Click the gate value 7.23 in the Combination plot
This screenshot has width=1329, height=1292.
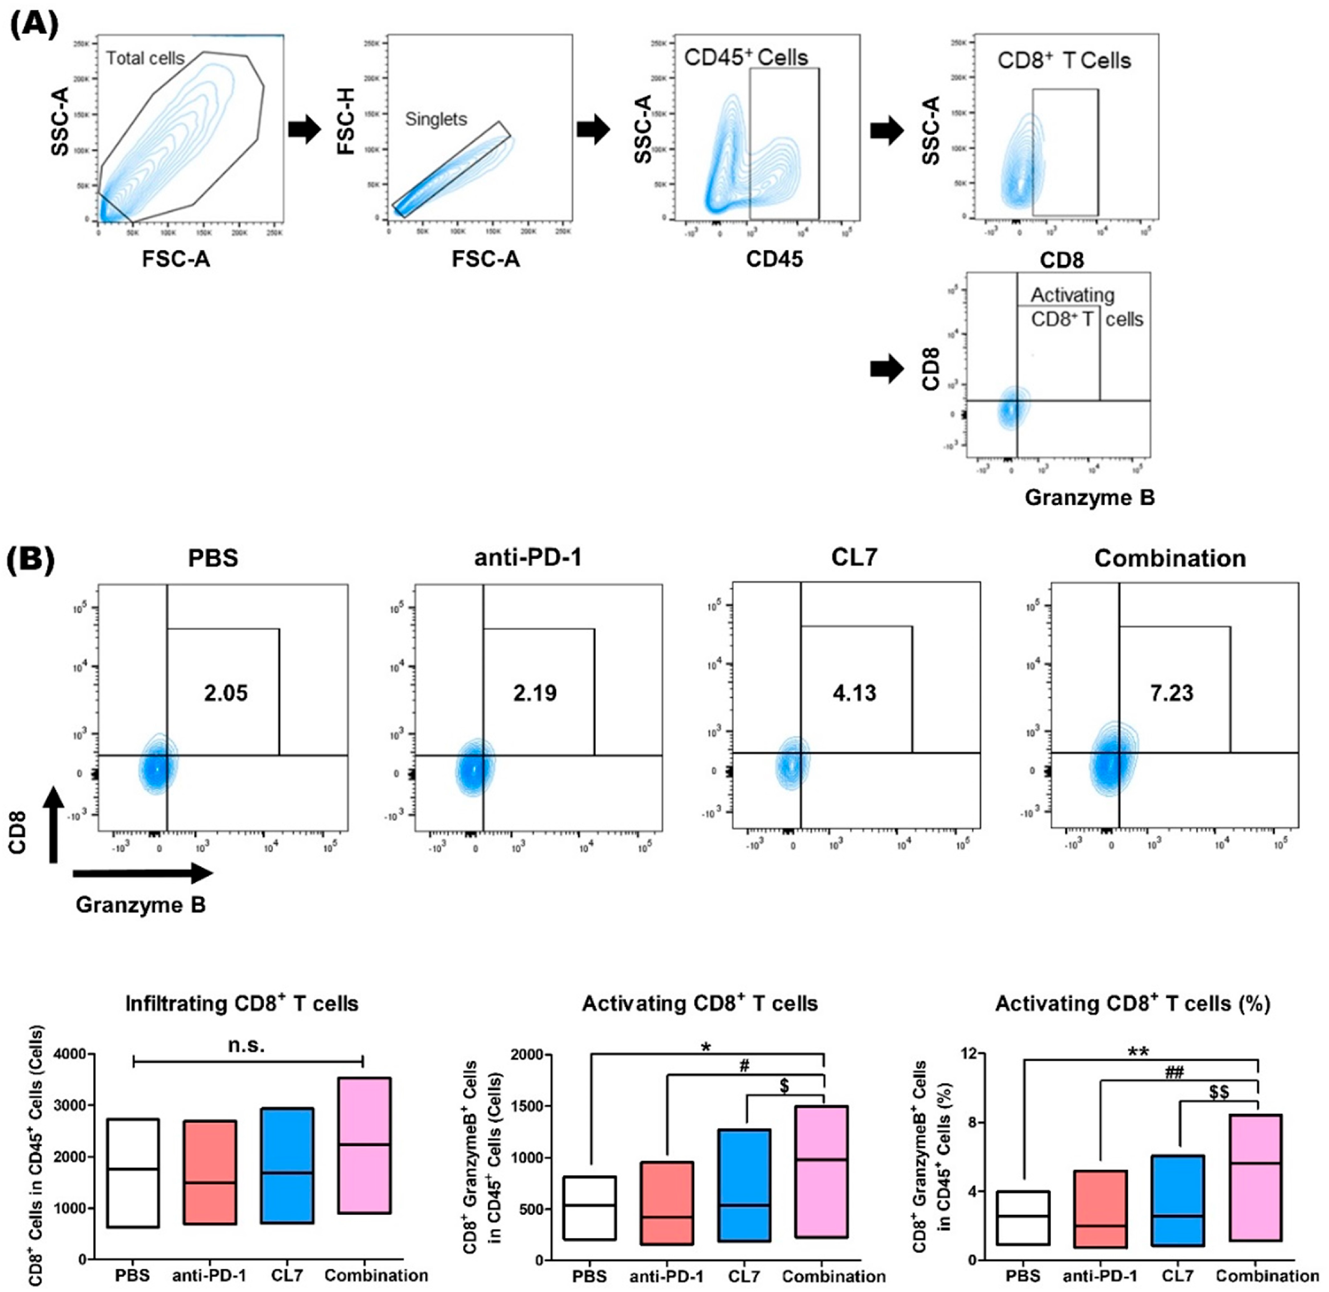1172,693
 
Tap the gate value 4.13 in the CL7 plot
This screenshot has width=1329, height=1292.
854,693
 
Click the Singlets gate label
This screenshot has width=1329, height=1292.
436,120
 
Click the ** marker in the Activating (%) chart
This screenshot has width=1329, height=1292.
1138,1052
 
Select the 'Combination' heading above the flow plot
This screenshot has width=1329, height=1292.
1170,559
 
